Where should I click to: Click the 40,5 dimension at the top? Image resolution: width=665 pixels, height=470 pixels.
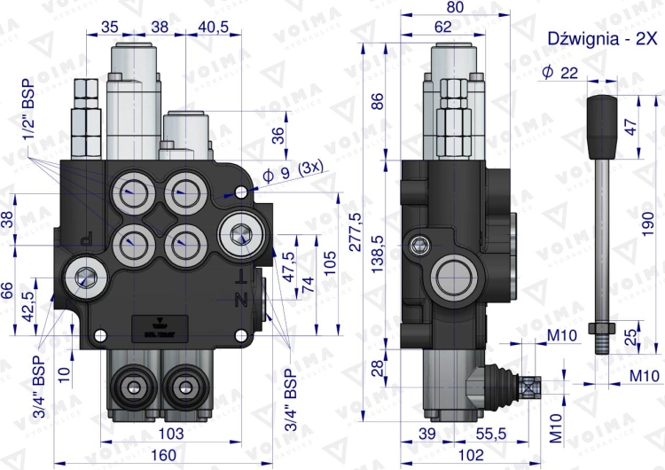[x=213, y=27]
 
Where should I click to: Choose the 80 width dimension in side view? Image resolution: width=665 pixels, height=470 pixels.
[x=455, y=8]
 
